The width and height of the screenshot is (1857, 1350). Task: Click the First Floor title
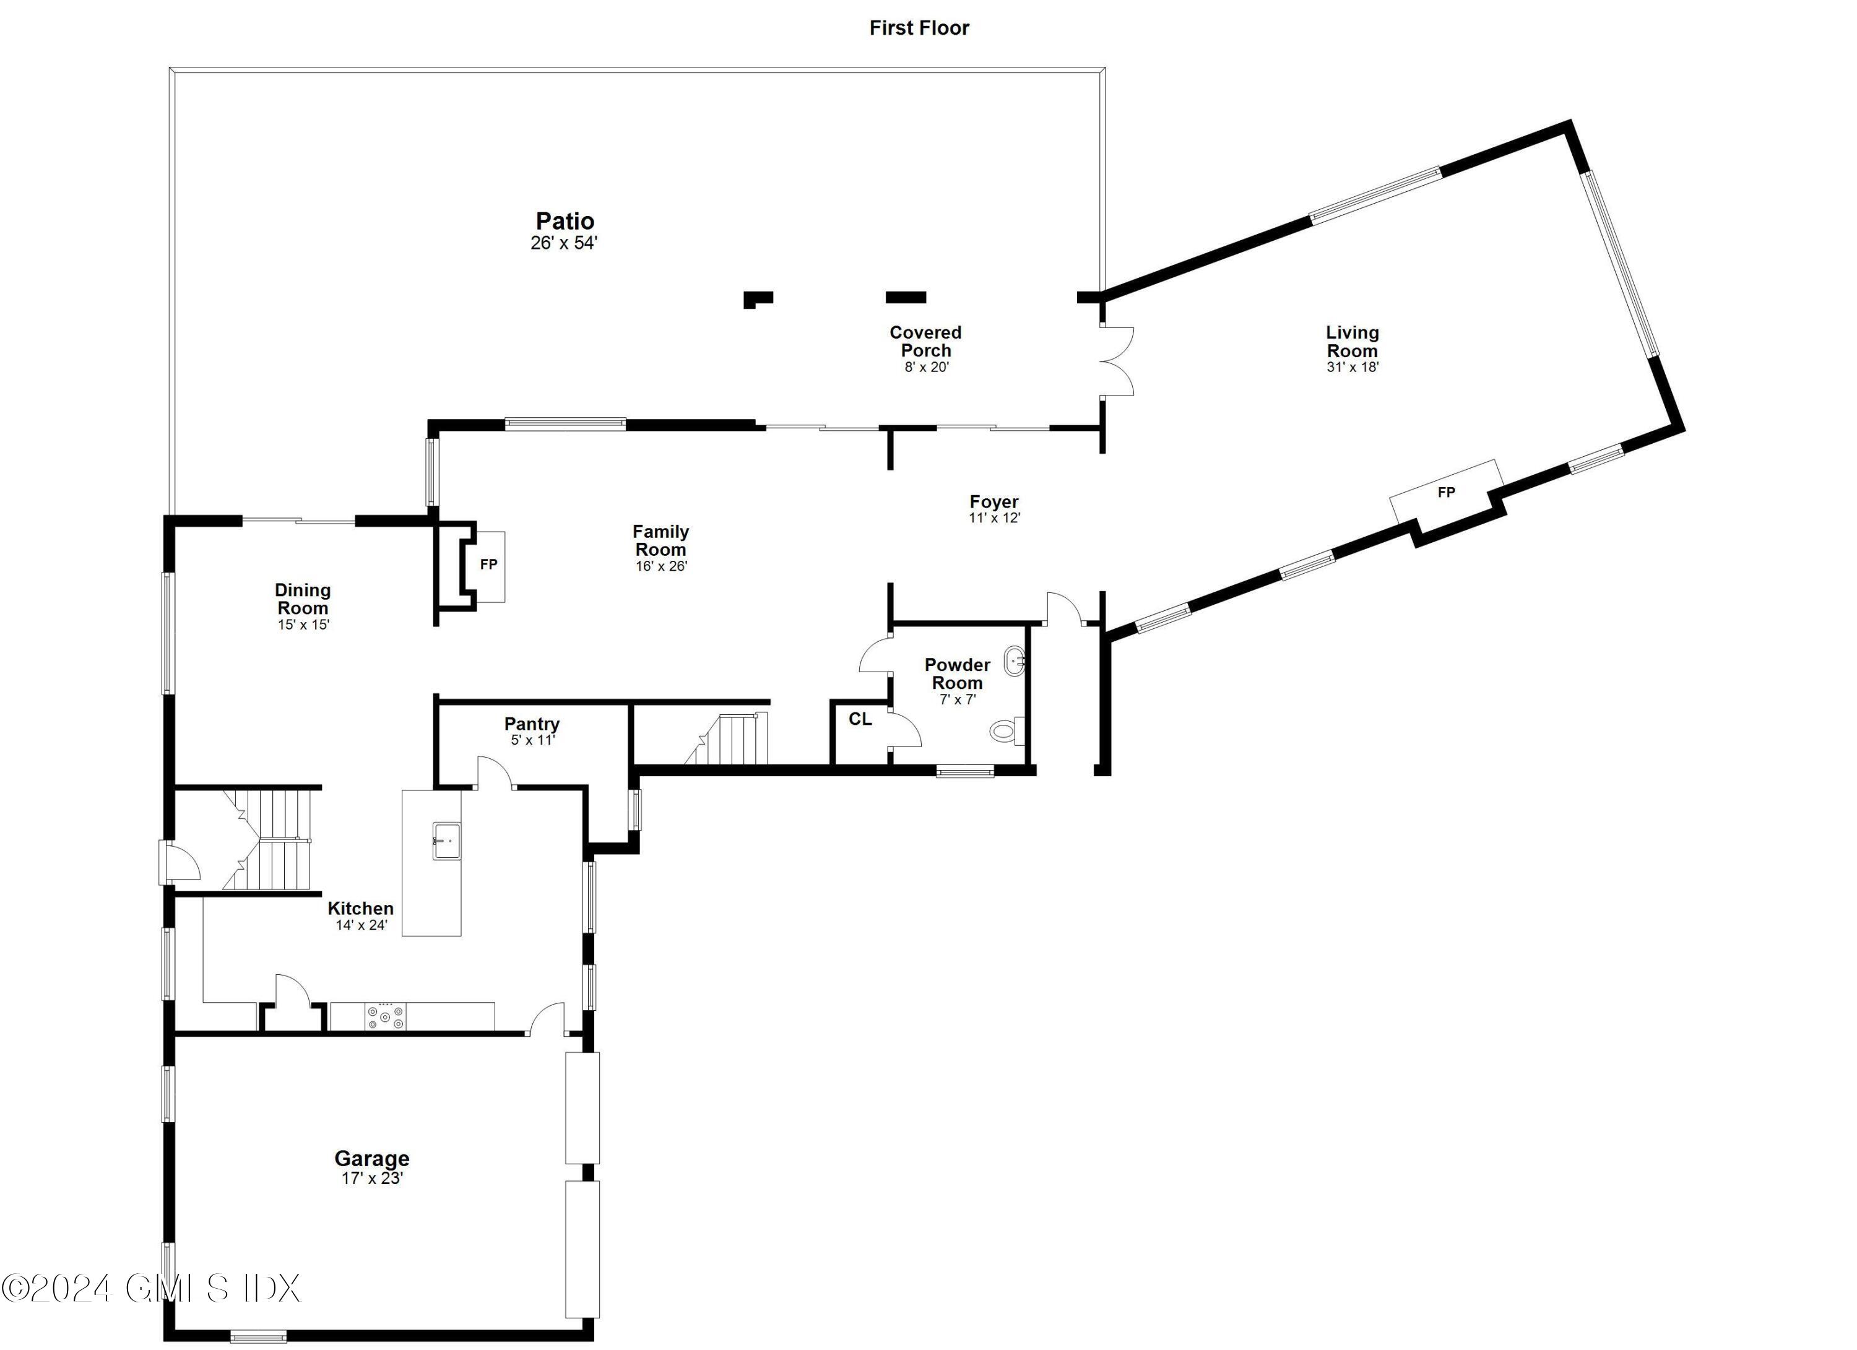pyautogui.click(x=919, y=28)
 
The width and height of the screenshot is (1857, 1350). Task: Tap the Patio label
pyautogui.click(x=565, y=221)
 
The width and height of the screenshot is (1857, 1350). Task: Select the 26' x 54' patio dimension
pyautogui.click(x=564, y=243)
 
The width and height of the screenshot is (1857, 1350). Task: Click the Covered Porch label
pyautogui.click(x=925, y=342)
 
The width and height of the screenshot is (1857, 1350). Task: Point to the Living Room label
pyautogui.click(x=1352, y=342)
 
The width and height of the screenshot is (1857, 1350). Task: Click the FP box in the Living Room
pyautogui.click(x=1447, y=493)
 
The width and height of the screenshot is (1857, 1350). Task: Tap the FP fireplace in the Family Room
pyautogui.click(x=489, y=565)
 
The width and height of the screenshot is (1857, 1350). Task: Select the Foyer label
pyautogui.click(x=994, y=502)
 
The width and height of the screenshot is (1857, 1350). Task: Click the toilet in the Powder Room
pyautogui.click(x=1005, y=730)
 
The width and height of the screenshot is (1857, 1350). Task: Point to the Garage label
pyautogui.click(x=372, y=1159)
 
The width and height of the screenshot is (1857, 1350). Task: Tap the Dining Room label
pyautogui.click(x=302, y=599)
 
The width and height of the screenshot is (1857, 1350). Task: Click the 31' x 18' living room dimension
pyautogui.click(x=1352, y=368)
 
